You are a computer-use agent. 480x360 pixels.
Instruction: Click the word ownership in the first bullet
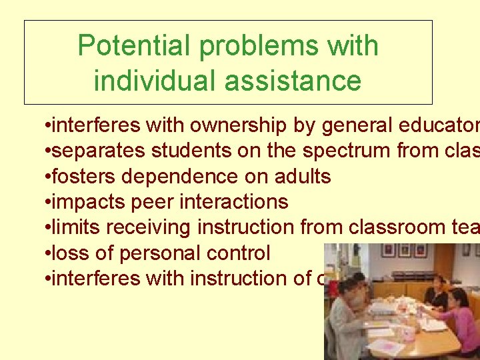coord(226,126)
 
